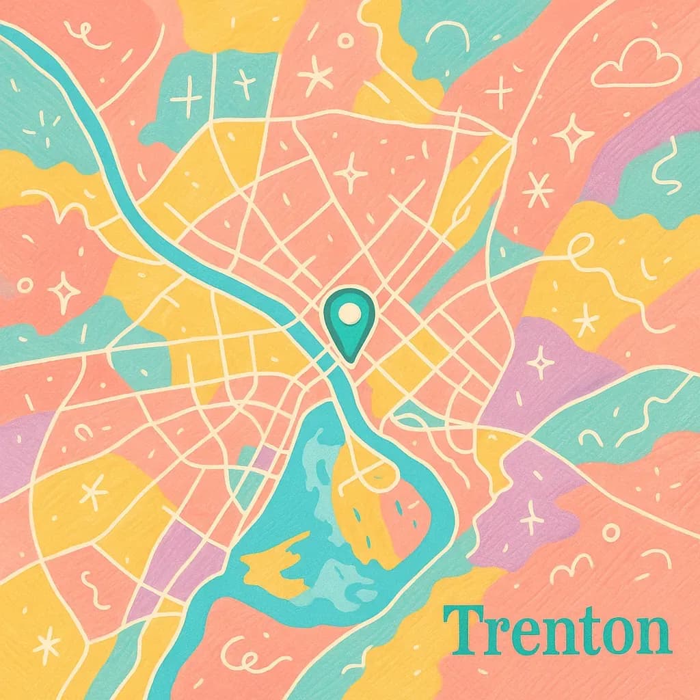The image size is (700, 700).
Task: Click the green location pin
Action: click(x=349, y=323)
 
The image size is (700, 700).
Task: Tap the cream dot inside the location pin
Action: click(x=349, y=314)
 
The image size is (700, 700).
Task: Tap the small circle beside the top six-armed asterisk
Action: click(x=345, y=42)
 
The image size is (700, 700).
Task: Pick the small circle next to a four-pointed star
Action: click(x=25, y=284)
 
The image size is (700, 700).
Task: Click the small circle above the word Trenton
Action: click(x=610, y=532)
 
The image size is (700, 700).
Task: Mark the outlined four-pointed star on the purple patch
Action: click(x=541, y=361)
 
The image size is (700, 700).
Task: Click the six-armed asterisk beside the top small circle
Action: click(x=316, y=75)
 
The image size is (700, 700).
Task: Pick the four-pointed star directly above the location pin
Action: click(x=351, y=172)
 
